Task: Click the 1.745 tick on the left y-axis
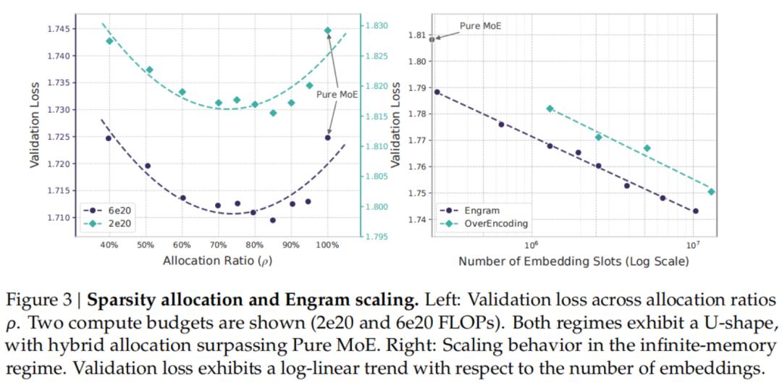(x=60, y=29)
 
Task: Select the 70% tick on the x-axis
(x=218, y=245)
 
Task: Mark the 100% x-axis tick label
(x=327, y=245)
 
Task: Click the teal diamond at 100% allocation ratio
(x=327, y=30)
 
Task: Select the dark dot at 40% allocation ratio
(x=109, y=137)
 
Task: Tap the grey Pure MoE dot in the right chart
(x=432, y=39)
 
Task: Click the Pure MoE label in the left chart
(x=337, y=94)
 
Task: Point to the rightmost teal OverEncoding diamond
(x=711, y=192)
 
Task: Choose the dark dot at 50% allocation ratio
(x=148, y=166)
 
